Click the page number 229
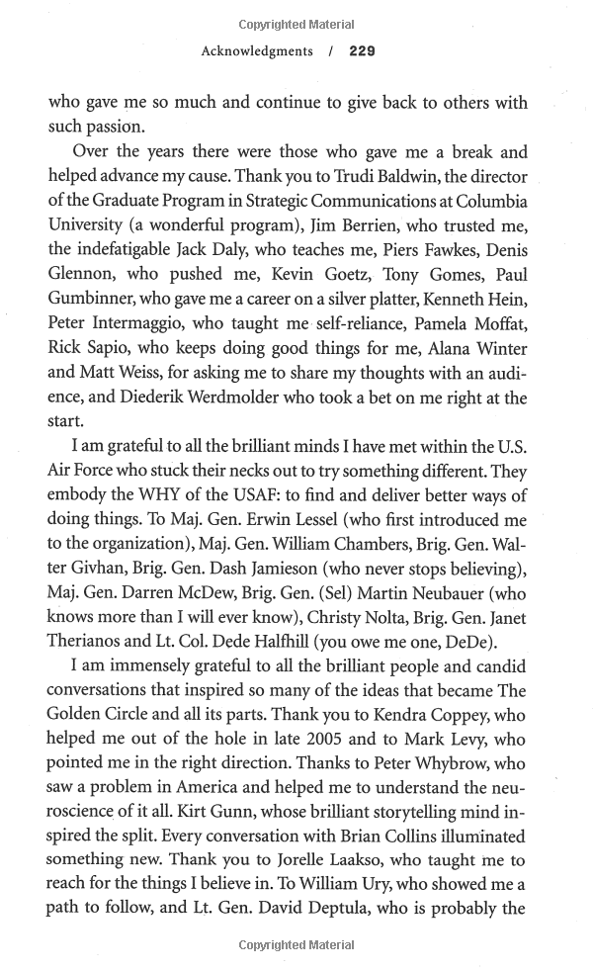362,50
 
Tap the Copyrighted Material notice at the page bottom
296,945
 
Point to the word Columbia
492,203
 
